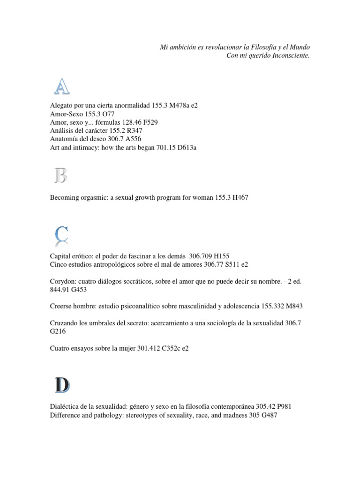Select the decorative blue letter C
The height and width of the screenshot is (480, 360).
click(x=61, y=235)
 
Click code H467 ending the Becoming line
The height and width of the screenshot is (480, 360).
click(x=238, y=198)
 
